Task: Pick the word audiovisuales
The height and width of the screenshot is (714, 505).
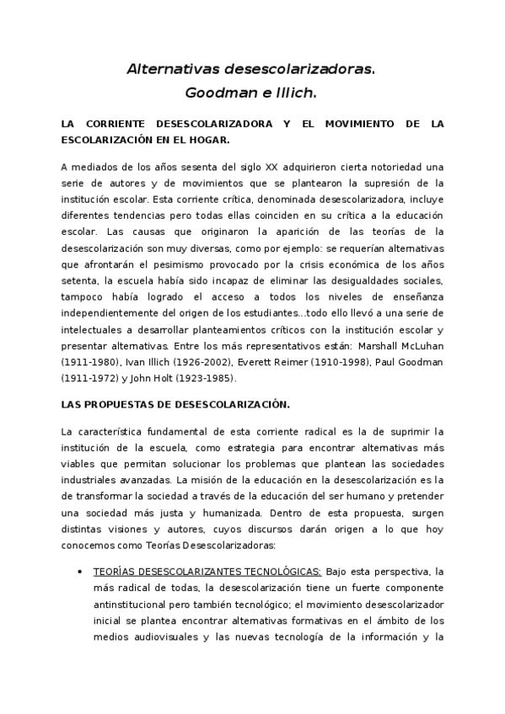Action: [160, 636]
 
